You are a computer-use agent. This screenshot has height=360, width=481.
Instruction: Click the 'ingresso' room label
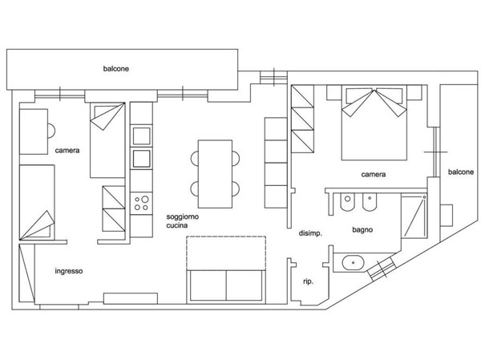[x=69, y=271]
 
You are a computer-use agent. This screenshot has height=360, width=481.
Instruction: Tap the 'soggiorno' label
[x=183, y=217]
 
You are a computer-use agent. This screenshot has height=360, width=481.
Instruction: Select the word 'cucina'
[x=177, y=225]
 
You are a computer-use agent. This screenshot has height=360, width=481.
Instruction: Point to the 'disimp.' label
[x=310, y=233]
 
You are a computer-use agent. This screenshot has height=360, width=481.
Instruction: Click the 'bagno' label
[x=362, y=230]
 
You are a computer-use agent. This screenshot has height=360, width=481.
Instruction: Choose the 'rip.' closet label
[x=308, y=281]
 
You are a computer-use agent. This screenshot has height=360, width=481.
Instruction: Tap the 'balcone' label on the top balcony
[x=116, y=68]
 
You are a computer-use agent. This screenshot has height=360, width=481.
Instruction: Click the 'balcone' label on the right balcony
[x=461, y=172]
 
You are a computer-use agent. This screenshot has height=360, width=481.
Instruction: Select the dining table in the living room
[x=215, y=174]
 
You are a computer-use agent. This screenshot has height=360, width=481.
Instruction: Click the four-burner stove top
[x=141, y=203]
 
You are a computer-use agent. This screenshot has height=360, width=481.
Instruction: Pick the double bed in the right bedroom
[x=374, y=123]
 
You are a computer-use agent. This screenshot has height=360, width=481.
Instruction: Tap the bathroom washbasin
[x=353, y=263]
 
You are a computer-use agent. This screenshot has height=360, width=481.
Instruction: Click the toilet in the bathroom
[x=348, y=202]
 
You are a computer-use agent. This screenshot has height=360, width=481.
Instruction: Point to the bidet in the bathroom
[x=370, y=202]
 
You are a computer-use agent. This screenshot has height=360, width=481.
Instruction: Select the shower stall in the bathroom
[x=414, y=216]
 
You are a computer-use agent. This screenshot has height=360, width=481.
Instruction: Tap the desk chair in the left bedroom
[x=51, y=131]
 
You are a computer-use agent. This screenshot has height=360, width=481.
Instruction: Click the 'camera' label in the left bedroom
[x=67, y=151]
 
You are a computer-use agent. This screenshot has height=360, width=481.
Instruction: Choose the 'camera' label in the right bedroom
[x=374, y=175]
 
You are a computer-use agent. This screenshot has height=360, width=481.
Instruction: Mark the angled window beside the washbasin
[x=382, y=269]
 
